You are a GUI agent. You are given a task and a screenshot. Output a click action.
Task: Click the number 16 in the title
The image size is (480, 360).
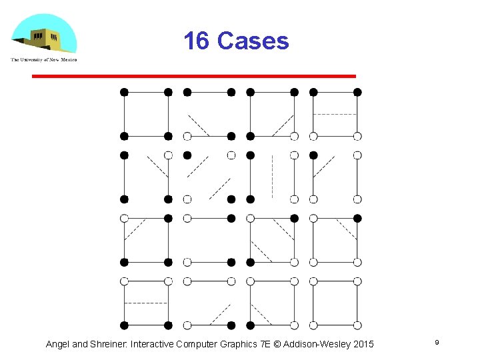(x=196, y=41)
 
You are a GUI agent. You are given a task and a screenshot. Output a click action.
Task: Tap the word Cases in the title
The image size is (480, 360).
(x=253, y=41)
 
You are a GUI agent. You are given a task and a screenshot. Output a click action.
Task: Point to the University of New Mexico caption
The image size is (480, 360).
(x=44, y=60)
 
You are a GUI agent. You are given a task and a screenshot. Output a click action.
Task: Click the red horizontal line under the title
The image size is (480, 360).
(x=194, y=77)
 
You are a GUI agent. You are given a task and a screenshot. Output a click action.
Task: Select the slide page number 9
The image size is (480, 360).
(x=437, y=342)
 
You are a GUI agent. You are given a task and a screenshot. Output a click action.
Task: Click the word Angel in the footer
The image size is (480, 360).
(x=57, y=344)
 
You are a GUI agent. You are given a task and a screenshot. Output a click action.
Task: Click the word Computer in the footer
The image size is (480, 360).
(x=200, y=344)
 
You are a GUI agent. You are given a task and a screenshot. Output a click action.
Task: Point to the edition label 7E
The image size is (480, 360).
(x=273, y=344)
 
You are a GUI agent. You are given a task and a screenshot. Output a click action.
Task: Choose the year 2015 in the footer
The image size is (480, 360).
(x=362, y=344)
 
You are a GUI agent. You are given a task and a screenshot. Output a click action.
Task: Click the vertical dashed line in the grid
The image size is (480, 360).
(x=272, y=177)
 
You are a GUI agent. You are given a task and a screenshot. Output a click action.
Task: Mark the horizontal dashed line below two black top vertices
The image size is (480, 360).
(x=335, y=115)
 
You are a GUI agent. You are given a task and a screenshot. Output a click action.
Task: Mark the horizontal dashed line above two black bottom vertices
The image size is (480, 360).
(x=146, y=303)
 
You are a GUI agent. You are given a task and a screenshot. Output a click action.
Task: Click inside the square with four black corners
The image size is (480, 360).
(x=146, y=114)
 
